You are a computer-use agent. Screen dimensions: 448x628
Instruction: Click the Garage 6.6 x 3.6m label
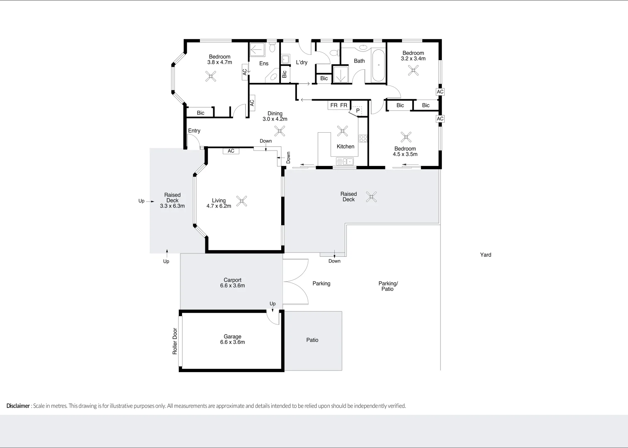pyautogui.click(x=232, y=339)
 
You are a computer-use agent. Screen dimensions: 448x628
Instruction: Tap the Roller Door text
pyautogui.click(x=175, y=341)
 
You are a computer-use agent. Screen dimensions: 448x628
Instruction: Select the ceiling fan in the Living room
pyautogui.click(x=242, y=201)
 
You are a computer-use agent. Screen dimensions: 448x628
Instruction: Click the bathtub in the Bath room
pyautogui.click(x=378, y=66)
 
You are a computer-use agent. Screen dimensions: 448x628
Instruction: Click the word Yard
pyautogui.click(x=485, y=255)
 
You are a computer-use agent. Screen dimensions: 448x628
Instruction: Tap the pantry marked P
pyautogui.click(x=358, y=111)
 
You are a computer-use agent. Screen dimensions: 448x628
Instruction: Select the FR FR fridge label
pyautogui.click(x=338, y=105)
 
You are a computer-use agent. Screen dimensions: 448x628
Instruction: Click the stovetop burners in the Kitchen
pyautogui.click(x=363, y=138)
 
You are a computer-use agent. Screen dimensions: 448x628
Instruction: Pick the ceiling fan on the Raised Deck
pyautogui.click(x=371, y=197)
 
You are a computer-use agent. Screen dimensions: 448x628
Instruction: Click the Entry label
pyautogui.click(x=194, y=131)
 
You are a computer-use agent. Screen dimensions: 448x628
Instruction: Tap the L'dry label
pyautogui.click(x=302, y=63)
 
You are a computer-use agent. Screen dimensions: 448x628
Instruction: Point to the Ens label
pyautogui.click(x=264, y=63)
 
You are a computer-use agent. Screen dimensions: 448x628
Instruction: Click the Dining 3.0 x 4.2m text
pyautogui.click(x=275, y=116)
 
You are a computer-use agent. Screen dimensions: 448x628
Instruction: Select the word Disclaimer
pyautogui.click(x=18, y=406)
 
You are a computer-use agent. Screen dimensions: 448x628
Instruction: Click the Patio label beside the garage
pyautogui.click(x=312, y=340)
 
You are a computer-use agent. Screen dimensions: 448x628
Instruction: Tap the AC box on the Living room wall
pyautogui.click(x=231, y=151)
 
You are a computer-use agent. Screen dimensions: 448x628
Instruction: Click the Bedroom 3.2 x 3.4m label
pyautogui.click(x=413, y=56)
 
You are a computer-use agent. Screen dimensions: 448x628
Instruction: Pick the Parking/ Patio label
pyautogui.click(x=388, y=286)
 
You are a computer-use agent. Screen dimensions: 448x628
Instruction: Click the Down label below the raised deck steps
pyautogui.click(x=334, y=261)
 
